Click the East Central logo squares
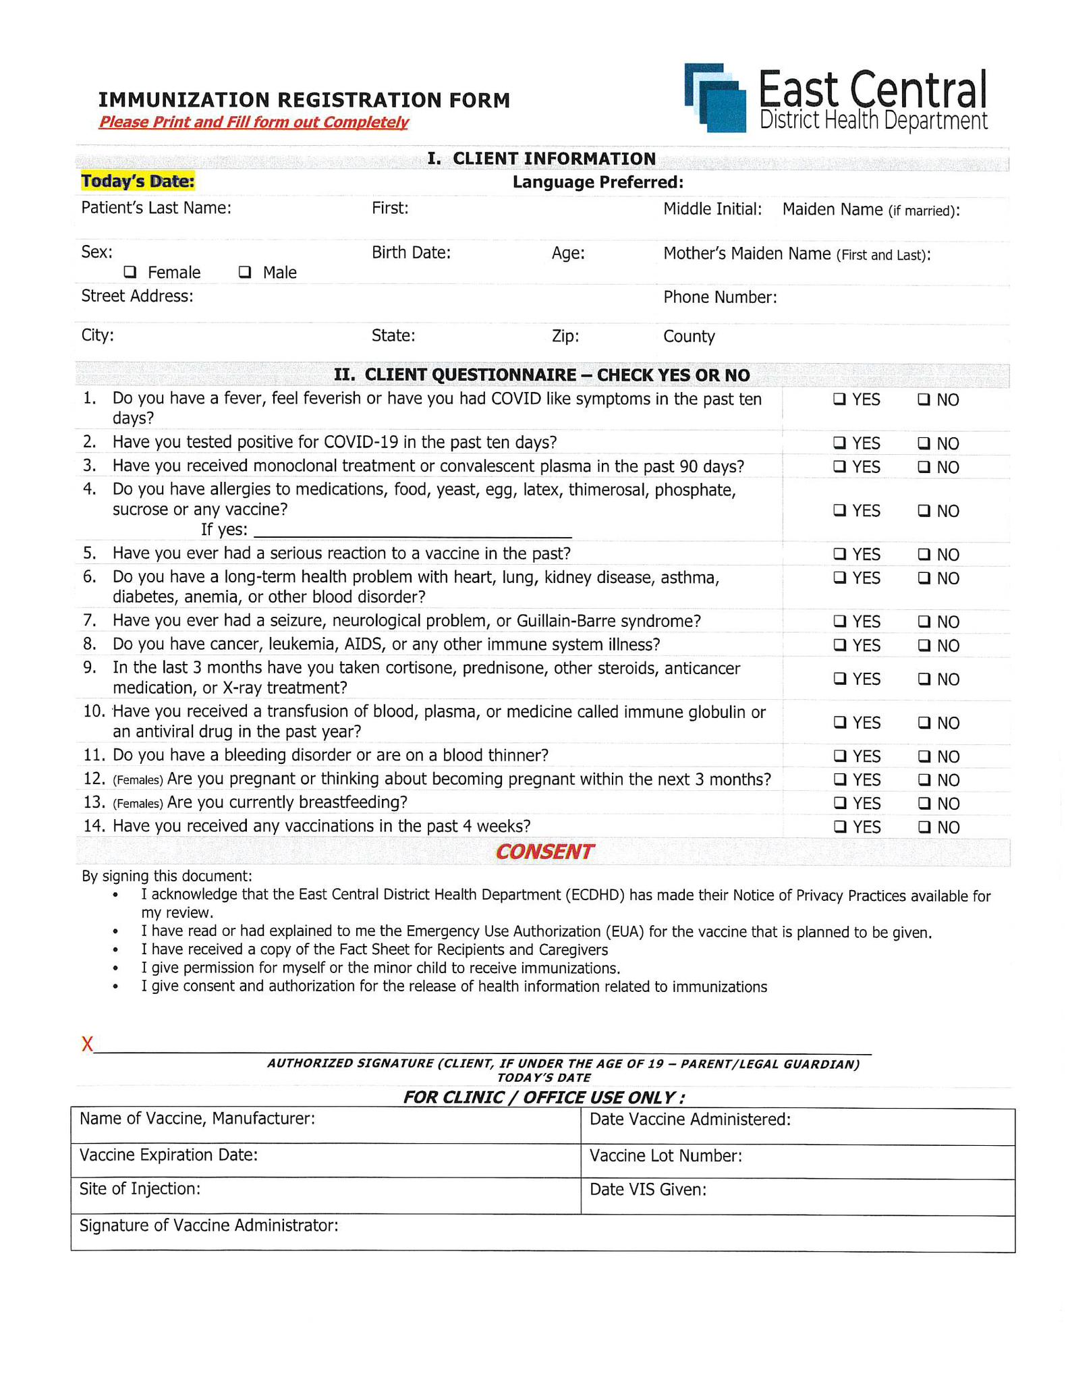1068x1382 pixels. (715, 98)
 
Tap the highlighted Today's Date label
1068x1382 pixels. (138, 182)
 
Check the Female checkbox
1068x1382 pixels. (130, 272)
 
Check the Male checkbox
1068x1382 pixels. (245, 272)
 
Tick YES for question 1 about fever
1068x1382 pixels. (839, 399)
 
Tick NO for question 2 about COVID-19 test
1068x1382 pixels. (924, 443)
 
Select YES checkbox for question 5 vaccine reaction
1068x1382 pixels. (839, 554)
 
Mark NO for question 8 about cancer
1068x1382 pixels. (924, 645)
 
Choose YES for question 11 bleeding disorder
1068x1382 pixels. (839, 756)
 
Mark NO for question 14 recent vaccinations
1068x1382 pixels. (924, 827)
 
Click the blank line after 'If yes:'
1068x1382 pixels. (413, 530)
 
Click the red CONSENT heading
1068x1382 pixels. (544, 852)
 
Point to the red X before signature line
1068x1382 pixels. (87, 1045)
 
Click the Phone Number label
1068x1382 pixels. (719, 298)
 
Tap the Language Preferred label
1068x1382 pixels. (598, 182)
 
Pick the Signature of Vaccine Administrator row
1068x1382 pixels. (542, 1233)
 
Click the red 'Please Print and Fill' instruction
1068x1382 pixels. (254, 122)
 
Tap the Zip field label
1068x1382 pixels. (565, 336)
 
